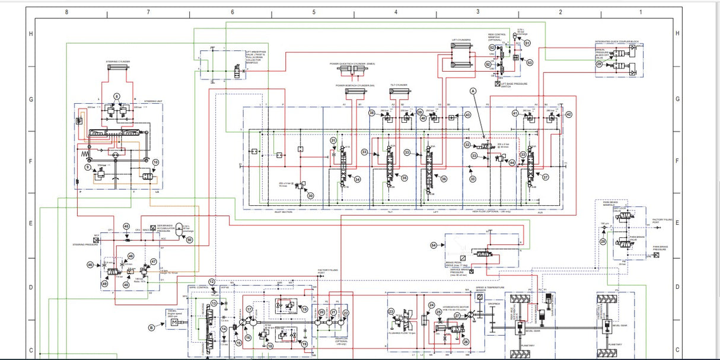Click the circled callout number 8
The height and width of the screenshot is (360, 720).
[x=117, y=96]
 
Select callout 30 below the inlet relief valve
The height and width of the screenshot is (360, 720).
[x=310, y=195]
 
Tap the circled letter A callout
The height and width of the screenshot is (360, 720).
[x=473, y=91]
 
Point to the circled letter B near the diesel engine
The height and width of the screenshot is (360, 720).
[x=151, y=326]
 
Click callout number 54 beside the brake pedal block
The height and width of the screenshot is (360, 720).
[x=433, y=245]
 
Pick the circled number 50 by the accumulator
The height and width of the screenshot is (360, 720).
[x=190, y=240]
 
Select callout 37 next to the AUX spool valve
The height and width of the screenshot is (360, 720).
[x=546, y=177]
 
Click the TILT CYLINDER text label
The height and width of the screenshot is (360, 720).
[x=399, y=85]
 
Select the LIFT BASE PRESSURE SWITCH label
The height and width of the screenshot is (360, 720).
[x=515, y=85]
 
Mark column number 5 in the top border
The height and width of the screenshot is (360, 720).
[x=314, y=11]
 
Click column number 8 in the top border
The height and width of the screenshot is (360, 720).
[x=66, y=11]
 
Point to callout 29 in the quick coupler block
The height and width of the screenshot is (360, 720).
[x=599, y=64]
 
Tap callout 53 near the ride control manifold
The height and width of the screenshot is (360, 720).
[x=530, y=62]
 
